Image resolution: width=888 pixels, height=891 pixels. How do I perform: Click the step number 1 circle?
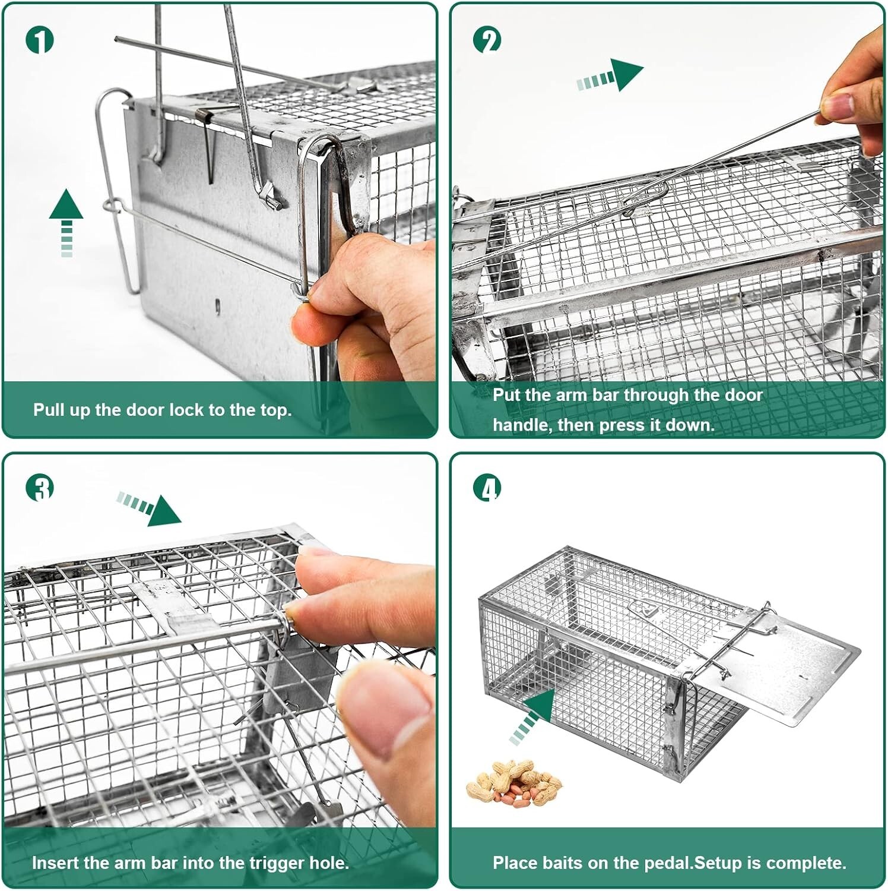tap(40, 40)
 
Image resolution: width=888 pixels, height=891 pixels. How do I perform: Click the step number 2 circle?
tap(487, 40)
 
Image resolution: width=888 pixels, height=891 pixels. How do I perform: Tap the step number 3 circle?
tap(40, 488)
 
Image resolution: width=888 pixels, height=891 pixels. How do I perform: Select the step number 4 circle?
tap(487, 488)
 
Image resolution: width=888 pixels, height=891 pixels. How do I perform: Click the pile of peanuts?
tap(514, 783)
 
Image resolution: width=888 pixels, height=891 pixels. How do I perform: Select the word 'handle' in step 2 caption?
tap(522, 425)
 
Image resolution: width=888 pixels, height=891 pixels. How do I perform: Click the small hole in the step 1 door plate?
tap(217, 307)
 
